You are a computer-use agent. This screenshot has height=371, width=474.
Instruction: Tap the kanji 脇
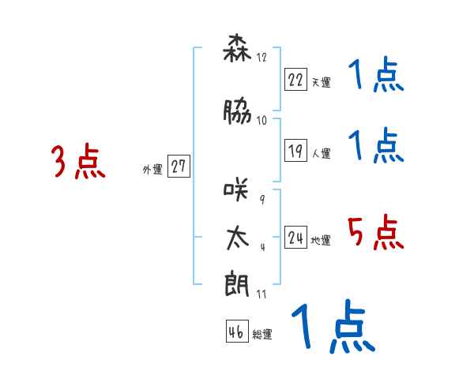click(237, 113)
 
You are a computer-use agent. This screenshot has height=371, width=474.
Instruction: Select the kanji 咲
click(237, 189)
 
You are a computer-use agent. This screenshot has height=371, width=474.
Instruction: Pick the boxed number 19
click(296, 150)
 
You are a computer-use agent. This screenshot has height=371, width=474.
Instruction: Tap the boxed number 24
click(296, 238)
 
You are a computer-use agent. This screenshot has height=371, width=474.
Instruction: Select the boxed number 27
click(179, 167)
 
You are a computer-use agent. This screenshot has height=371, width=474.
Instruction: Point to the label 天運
click(320, 82)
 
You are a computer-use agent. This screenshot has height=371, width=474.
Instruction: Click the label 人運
click(320, 153)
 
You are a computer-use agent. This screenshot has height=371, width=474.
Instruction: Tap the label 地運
click(320, 241)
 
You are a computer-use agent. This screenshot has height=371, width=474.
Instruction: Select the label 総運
click(261, 335)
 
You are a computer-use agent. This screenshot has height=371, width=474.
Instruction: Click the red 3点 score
click(78, 163)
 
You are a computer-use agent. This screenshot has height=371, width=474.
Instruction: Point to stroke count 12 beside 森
click(261, 57)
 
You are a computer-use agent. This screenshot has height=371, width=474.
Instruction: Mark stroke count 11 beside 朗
click(261, 294)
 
